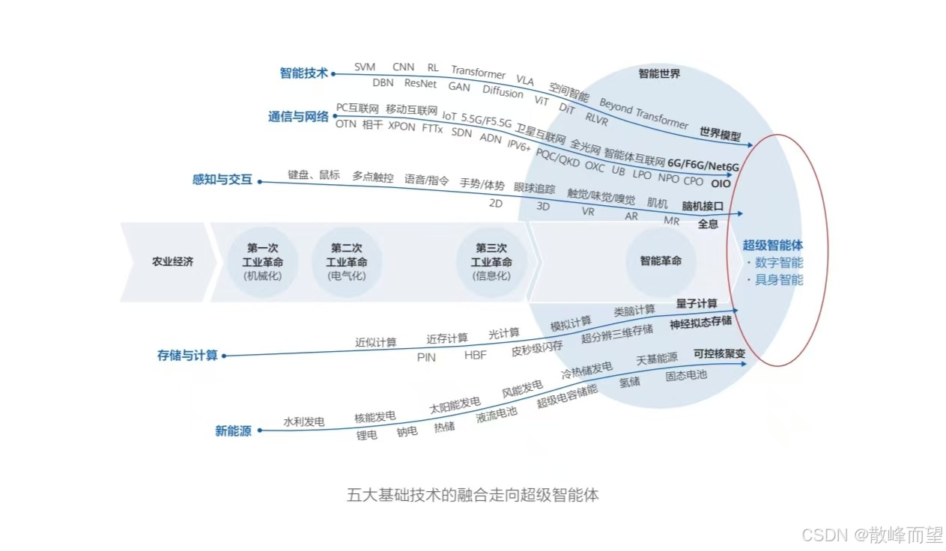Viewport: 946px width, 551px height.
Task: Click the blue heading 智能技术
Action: click(x=303, y=73)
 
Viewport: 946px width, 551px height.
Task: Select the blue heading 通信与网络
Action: click(x=298, y=117)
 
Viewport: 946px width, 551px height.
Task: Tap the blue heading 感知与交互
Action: click(x=222, y=180)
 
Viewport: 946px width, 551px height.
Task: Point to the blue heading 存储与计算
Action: click(x=187, y=355)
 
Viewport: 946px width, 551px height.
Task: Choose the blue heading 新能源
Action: click(x=233, y=430)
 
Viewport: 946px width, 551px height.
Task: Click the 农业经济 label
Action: click(x=173, y=262)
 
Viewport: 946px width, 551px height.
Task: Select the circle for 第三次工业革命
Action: click(x=491, y=262)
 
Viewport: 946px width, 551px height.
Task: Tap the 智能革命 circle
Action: click(x=661, y=261)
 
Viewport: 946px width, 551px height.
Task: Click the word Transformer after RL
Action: click(x=478, y=73)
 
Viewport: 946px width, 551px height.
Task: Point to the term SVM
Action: click(x=365, y=67)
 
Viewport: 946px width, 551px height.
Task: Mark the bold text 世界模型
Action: click(x=720, y=134)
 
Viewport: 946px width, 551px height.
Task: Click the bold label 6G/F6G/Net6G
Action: click(x=703, y=165)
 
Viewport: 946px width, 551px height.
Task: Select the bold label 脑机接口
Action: click(x=702, y=206)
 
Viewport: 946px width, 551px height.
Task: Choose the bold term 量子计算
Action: click(x=697, y=303)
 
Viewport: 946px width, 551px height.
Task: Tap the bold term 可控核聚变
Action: click(x=719, y=354)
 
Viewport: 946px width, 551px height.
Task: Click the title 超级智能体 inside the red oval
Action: click(x=772, y=245)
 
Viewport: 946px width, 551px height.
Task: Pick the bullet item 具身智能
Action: click(x=778, y=280)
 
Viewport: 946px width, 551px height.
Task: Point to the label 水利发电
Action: click(x=303, y=422)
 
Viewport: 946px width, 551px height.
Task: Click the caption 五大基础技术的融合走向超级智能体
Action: click(x=473, y=495)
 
